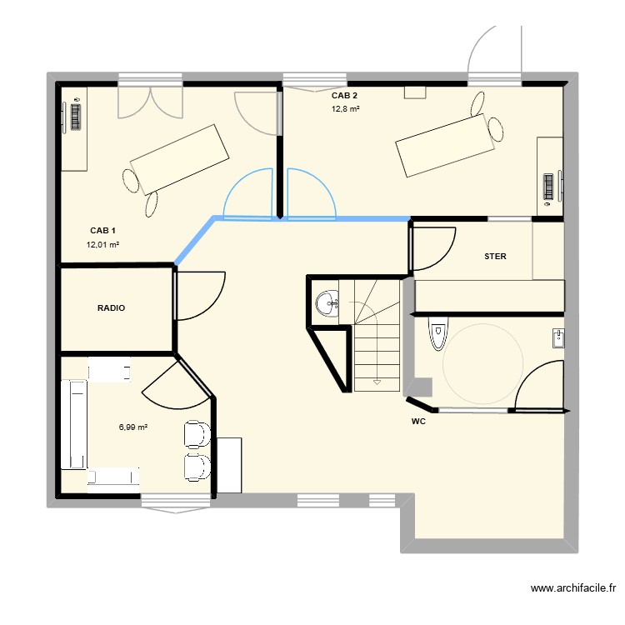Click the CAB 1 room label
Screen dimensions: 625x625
[103, 231]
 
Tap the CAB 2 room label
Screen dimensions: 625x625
[345, 96]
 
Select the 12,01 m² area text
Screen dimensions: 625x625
[103, 245]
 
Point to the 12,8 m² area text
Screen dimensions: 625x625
[345, 109]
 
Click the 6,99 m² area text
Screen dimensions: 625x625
[133, 427]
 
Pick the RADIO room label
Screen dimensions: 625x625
[111, 308]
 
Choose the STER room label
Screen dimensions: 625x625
[495, 257]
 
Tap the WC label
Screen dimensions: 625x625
[418, 422]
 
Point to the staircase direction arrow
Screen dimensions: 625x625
[377, 383]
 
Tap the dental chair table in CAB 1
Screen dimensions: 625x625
[179, 158]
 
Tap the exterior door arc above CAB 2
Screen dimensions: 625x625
[495, 48]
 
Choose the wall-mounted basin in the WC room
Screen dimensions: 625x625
[557, 337]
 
